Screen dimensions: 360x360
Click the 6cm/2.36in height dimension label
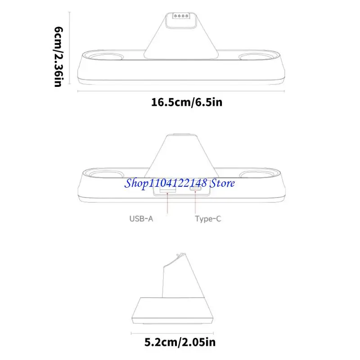(x=58, y=57)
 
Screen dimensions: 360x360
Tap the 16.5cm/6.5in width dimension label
(x=187, y=102)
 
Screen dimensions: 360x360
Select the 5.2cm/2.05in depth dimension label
(x=180, y=342)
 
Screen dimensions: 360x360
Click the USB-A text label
(x=141, y=219)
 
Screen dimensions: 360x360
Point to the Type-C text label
(x=208, y=219)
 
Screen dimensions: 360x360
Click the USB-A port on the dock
(x=168, y=190)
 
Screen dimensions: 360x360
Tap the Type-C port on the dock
(x=195, y=189)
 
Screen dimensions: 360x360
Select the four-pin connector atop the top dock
(x=181, y=16)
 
